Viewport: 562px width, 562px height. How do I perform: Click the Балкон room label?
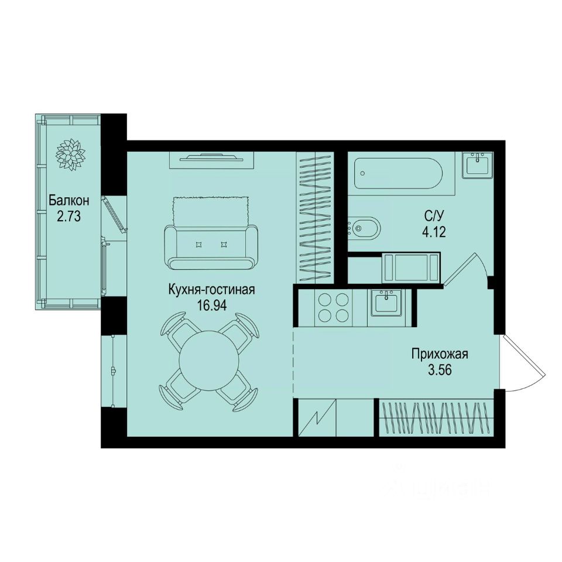pos(69,201)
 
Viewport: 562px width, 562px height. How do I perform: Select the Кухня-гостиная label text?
pos(211,289)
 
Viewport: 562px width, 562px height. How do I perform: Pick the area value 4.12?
pos(433,232)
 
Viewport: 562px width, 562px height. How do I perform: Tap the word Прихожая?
pos(440,354)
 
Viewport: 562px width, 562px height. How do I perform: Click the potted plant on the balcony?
pos(70,155)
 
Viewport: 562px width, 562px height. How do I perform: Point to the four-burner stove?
pos(333,308)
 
